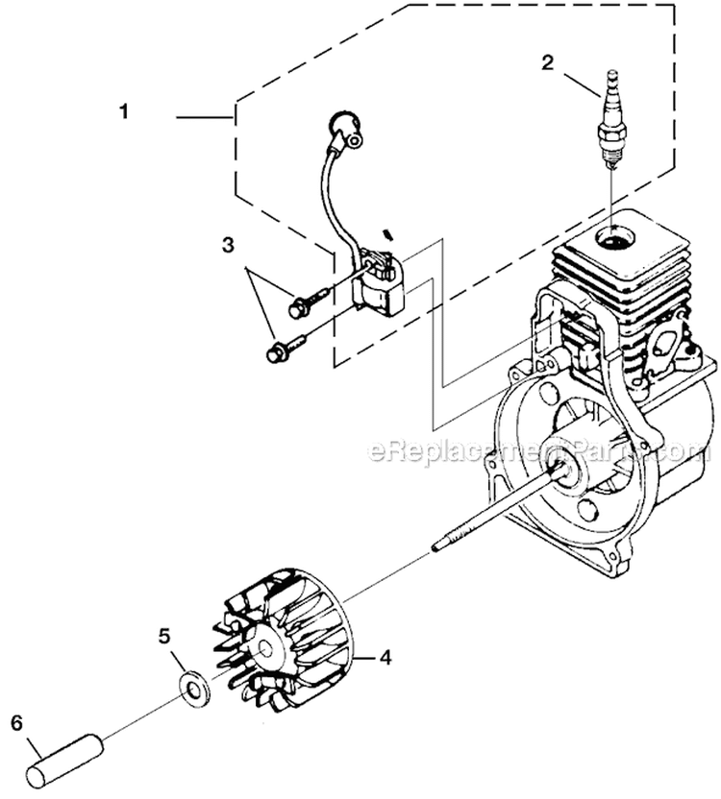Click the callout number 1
tap(123, 111)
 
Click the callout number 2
tap(547, 63)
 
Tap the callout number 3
tap(228, 246)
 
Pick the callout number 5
tap(164, 635)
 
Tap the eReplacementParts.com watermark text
tap(538, 449)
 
